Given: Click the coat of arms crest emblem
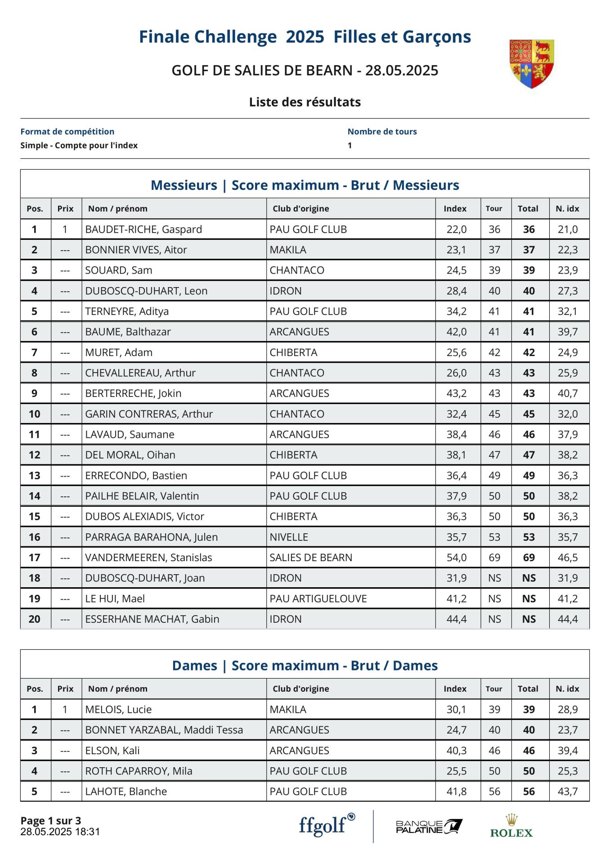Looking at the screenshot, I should tap(531, 63).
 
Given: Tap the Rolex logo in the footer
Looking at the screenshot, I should tap(511, 826).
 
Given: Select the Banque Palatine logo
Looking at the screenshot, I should tap(429, 827).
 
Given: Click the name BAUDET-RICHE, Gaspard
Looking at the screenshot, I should tap(144, 229).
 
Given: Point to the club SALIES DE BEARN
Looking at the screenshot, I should tap(311, 558).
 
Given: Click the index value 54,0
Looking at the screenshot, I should tap(456, 558).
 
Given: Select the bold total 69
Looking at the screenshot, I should tap(529, 558).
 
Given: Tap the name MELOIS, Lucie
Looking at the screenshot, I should tap(118, 710).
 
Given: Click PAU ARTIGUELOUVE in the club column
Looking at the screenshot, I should tap(318, 598).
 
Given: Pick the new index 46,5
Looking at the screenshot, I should tap(567, 558).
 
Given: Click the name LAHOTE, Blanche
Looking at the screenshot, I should tap(126, 792).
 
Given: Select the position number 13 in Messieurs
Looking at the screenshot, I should tap(35, 476).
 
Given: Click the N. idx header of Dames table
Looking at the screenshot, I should tap(567, 689).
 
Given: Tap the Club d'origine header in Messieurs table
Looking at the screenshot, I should tap(301, 209).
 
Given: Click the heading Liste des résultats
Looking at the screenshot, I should tap(305, 102).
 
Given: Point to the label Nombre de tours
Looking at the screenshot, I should tap(382, 132).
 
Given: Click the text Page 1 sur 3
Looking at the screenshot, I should tap(51, 821).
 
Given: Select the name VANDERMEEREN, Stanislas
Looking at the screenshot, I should tap(148, 558).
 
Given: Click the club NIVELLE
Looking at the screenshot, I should tap(289, 537).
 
